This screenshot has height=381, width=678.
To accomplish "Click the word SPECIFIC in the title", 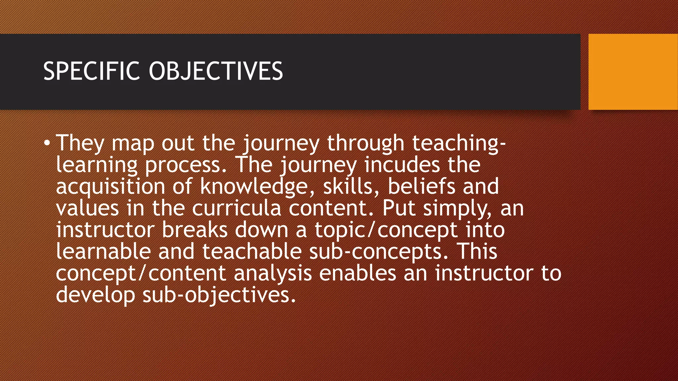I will tap(91, 71).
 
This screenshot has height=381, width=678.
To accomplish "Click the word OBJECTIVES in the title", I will tap(216, 71).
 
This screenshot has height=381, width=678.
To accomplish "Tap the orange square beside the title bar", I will tap(633, 71).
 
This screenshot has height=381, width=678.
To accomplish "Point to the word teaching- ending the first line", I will tap(459, 143).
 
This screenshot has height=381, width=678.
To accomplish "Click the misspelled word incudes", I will tap(402, 165).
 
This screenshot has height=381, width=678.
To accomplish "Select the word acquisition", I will tap(110, 187).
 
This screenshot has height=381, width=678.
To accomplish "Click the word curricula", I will tap(236, 208).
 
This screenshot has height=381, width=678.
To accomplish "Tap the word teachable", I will tap(252, 251).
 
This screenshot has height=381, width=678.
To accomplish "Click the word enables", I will tap(358, 273).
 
